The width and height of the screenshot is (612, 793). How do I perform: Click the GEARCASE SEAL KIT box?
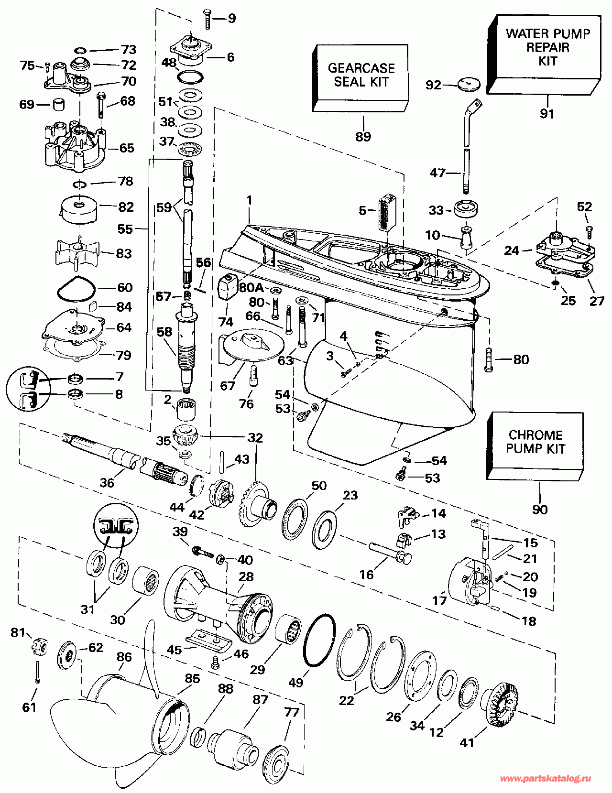click(361, 76)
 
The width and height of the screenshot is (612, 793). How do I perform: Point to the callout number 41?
click(467, 742)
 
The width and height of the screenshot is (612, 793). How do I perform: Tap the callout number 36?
click(107, 482)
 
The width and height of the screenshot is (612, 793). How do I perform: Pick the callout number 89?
click(363, 137)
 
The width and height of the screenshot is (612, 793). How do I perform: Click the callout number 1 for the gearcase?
click(249, 200)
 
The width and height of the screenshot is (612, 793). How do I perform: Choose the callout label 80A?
click(251, 287)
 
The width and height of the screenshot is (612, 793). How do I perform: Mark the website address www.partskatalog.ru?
click(545, 779)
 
